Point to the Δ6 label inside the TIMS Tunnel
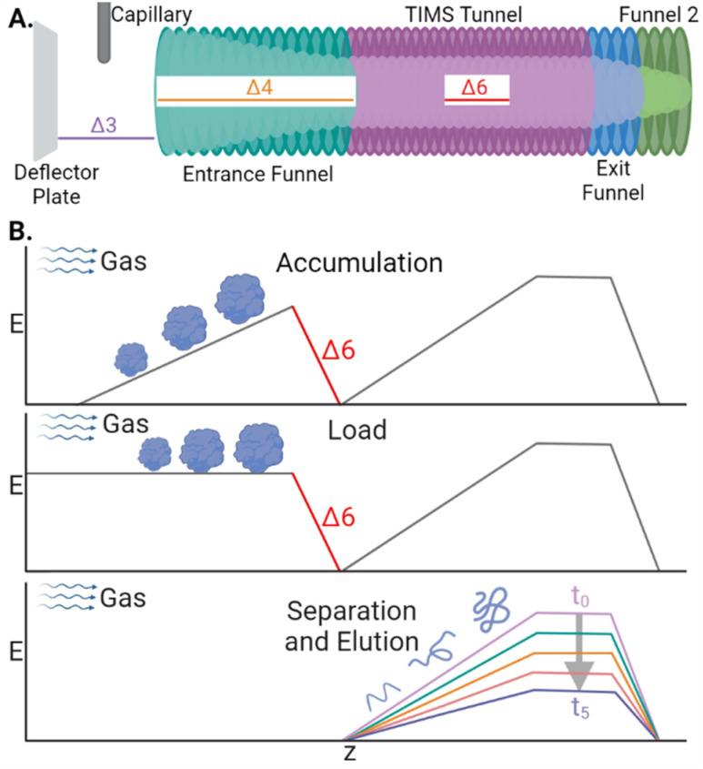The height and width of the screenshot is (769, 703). (477, 87)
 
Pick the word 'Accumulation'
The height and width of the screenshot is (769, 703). (359, 264)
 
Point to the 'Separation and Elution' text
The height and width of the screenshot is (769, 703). (350, 624)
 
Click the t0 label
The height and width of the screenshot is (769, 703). (581, 598)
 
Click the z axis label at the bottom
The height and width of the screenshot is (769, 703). (349, 754)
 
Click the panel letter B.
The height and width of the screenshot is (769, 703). (17, 231)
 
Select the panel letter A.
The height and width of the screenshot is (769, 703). (17, 16)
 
